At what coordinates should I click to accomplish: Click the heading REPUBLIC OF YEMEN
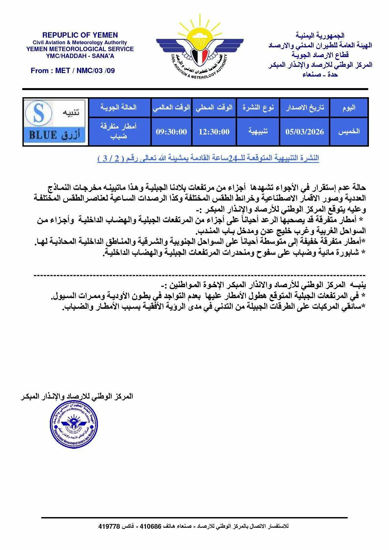pos(80,35)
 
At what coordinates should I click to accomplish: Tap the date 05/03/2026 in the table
pos(304,132)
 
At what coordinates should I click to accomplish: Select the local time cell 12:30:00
pos(214,132)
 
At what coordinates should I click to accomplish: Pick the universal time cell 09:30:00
pos(171,132)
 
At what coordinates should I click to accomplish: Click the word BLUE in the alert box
pos(43,135)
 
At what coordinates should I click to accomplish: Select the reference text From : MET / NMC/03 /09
pos(73,71)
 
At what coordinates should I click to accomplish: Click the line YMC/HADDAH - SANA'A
pos(80,56)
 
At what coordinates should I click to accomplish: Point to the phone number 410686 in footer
pos(150,526)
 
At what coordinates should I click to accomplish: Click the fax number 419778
pos(109,526)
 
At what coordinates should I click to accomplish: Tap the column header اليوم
pos(349,108)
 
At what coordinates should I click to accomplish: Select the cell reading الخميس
pos(349,132)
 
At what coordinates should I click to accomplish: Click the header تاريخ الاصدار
pos(305,108)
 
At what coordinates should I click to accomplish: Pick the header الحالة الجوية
pos(119,108)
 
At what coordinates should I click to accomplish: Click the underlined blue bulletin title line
pos(208,158)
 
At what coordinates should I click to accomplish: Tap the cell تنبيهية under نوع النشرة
pos(258,132)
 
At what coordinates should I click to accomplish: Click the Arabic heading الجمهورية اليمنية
pos(320,35)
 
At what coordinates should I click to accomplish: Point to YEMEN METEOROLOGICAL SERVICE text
pos(80,49)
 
